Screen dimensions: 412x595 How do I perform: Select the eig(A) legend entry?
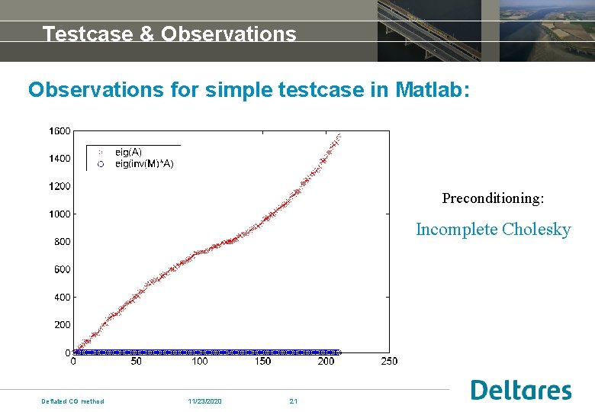pyautogui.click(x=128, y=153)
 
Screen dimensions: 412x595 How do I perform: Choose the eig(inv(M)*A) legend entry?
pyautogui.click(x=144, y=163)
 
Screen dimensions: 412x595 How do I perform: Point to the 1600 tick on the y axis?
pyautogui.click(x=59, y=131)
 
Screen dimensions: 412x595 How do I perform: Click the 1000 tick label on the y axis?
pyautogui.click(x=59, y=214)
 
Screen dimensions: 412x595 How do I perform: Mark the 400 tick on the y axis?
pyautogui.click(x=62, y=298)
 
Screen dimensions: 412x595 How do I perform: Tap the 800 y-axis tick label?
pyautogui.click(x=62, y=242)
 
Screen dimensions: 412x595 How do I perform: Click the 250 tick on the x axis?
pyautogui.click(x=389, y=361)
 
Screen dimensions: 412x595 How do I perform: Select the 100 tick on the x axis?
pyautogui.click(x=199, y=361)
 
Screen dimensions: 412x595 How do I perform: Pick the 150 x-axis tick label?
pyautogui.click(x=262, y=361)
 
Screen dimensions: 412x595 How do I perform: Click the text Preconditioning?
pyautogui.click(x=493, y=198)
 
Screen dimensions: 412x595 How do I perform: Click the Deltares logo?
pyautogui.click(x=521, y=390)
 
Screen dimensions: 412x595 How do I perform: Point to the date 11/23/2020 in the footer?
pyautogui.click(x=205, y=401)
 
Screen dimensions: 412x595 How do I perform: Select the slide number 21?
pyautogui.click(x=293, y=401)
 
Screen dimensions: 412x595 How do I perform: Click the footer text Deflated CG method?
pyautogui.click(x=72, y=401)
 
